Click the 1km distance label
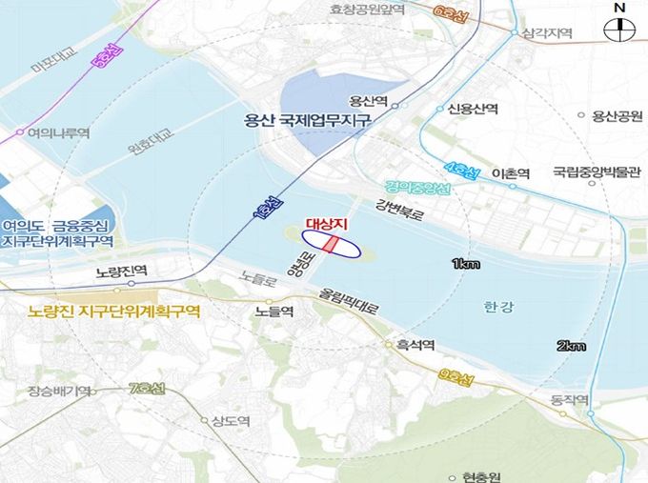[466, 264]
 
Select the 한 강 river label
[494, 307]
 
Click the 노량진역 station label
[122, 272]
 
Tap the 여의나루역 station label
[59, 134]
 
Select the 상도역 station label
[231, 421]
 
